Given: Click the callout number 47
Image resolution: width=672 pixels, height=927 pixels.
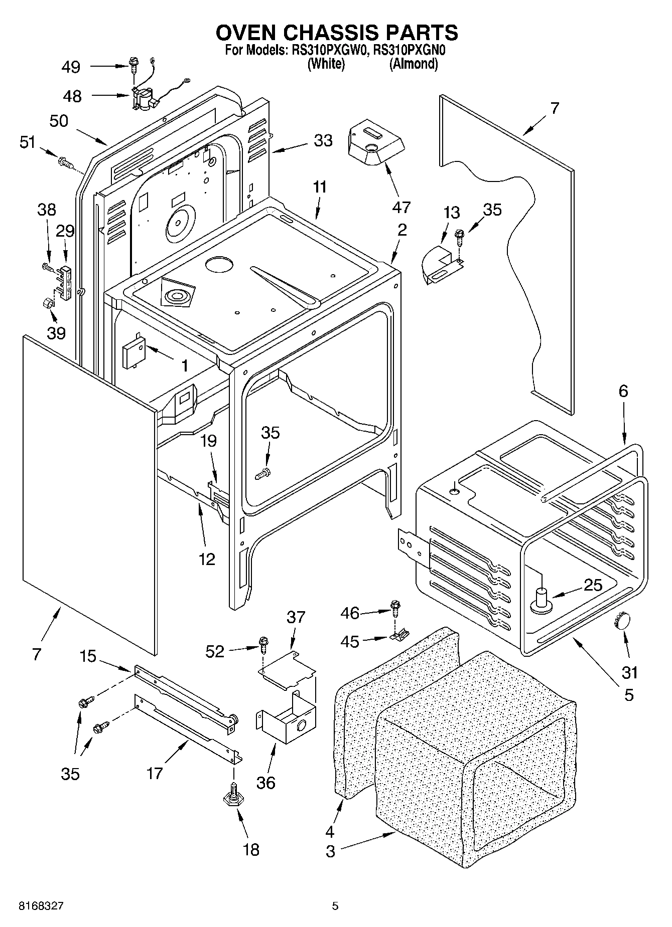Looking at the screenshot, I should click(402, 207).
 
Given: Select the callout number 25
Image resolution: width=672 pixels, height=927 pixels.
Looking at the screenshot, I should click(593, 585).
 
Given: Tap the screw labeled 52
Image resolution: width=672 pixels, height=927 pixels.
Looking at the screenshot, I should click(263, 643).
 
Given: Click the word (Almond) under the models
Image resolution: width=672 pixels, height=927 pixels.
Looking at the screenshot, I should click(414, 64).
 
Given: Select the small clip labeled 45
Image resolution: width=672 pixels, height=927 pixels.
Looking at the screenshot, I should click(398, 637).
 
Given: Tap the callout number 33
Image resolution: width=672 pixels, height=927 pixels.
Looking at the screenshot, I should click(323, 141).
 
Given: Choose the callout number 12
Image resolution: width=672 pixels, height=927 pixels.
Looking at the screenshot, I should click(207, 559).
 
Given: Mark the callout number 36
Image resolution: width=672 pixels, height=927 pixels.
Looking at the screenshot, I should click(265, 783).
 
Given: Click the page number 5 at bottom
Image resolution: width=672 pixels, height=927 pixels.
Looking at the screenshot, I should click(335, 906).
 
